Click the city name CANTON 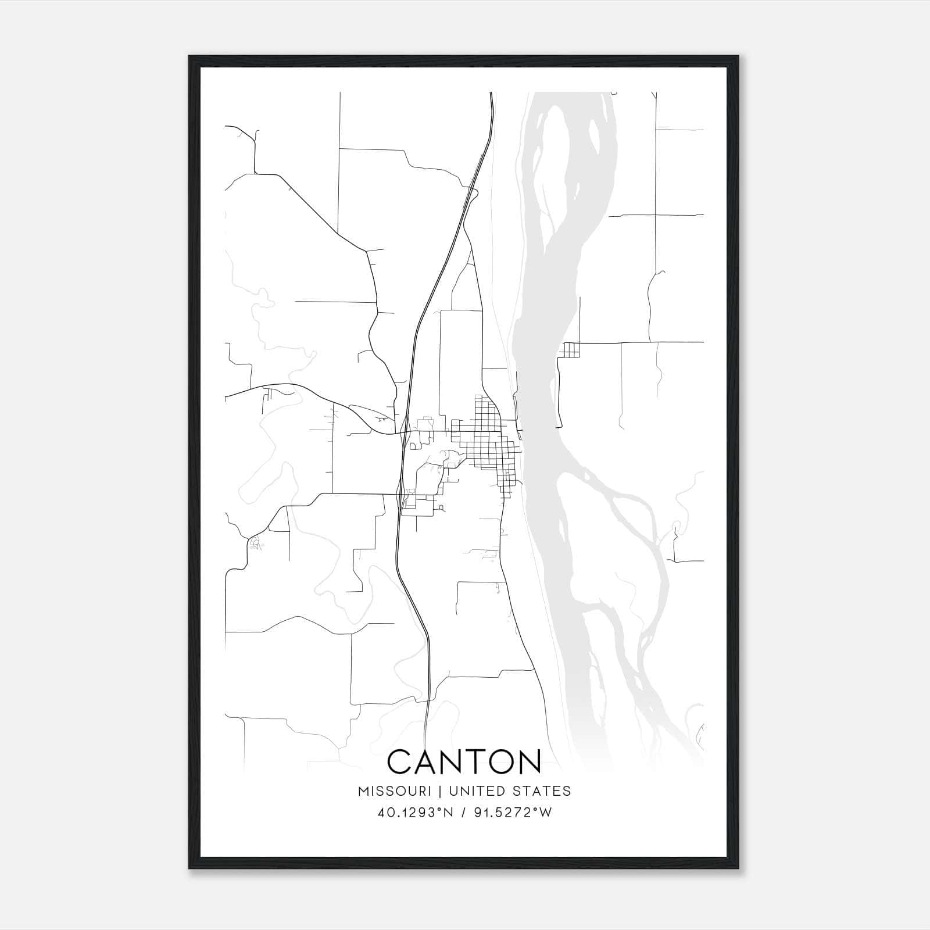pos(464,762)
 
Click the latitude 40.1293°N pos(414,813)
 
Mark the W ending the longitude pos(546,813)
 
